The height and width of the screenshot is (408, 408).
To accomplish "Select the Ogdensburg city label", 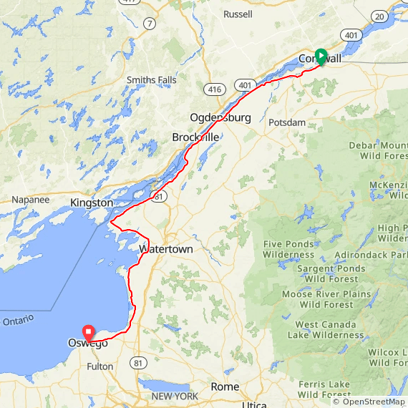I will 220,117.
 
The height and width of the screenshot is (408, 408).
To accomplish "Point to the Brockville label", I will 195,137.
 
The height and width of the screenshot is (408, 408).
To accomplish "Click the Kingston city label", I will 92,203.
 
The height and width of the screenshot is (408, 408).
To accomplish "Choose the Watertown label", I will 166,249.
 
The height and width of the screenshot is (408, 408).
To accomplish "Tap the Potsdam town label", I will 287,122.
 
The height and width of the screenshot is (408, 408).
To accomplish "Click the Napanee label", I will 30,200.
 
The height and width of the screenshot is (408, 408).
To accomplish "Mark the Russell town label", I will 238,14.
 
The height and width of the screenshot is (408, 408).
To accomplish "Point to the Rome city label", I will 225,387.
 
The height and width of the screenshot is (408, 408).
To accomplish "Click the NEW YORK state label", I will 175,396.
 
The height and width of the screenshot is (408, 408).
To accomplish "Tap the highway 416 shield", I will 213,89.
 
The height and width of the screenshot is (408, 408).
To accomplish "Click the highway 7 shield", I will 149,24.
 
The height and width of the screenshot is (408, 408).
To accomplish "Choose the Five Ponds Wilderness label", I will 288,249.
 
